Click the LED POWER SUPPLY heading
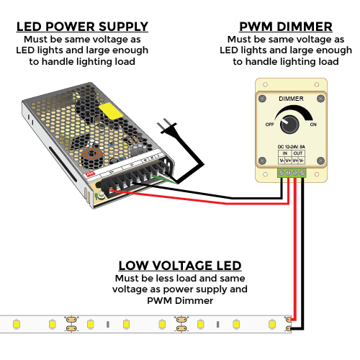[x=82, y=27]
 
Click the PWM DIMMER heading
[x=285, y=27]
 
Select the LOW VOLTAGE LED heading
[x=180, y=266]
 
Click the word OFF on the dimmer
[x=269, y=123]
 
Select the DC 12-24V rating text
[x=291, y=147]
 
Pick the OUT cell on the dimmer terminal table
[x=300, y=154]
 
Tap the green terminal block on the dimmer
[x=291, y=173]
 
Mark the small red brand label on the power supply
[x=91, y=175]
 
